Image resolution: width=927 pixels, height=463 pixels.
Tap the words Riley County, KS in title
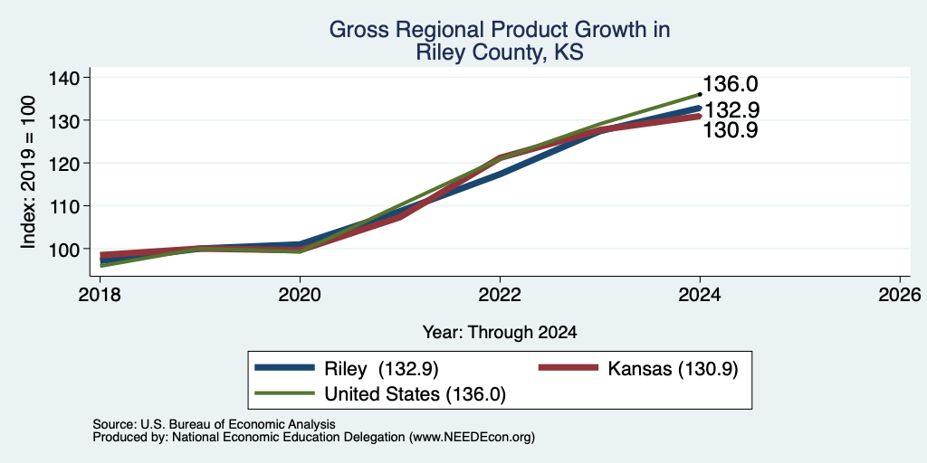click(500, 52)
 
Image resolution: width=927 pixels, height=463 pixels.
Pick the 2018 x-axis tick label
click(100, 294)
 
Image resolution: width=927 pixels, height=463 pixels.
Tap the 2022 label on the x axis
click(500, 294)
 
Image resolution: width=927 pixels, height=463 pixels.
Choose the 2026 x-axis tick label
click(899, 294)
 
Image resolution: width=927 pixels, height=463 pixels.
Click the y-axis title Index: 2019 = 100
click(28, 172)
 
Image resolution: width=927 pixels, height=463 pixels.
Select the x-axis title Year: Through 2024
click(500, 333)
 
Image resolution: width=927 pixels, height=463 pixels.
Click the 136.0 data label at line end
click(731, 84)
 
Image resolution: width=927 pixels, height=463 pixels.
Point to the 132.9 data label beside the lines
click(732, 110)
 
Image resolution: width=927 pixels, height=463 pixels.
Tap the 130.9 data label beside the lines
click(731, 130)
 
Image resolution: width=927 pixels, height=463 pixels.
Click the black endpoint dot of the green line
click(700, 94)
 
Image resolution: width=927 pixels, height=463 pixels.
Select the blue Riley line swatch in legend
click(284, 368)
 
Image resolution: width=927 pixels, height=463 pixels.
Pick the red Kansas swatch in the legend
click(569, 368)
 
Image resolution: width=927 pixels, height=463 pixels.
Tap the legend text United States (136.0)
click(415, 394)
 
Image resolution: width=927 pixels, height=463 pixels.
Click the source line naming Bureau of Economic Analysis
click(214, 425)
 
